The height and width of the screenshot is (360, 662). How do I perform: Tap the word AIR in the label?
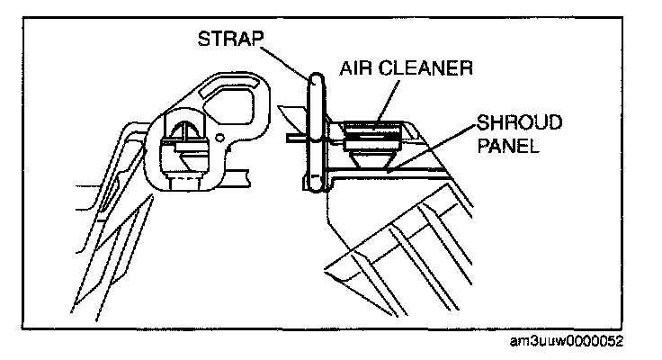point(357,67)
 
